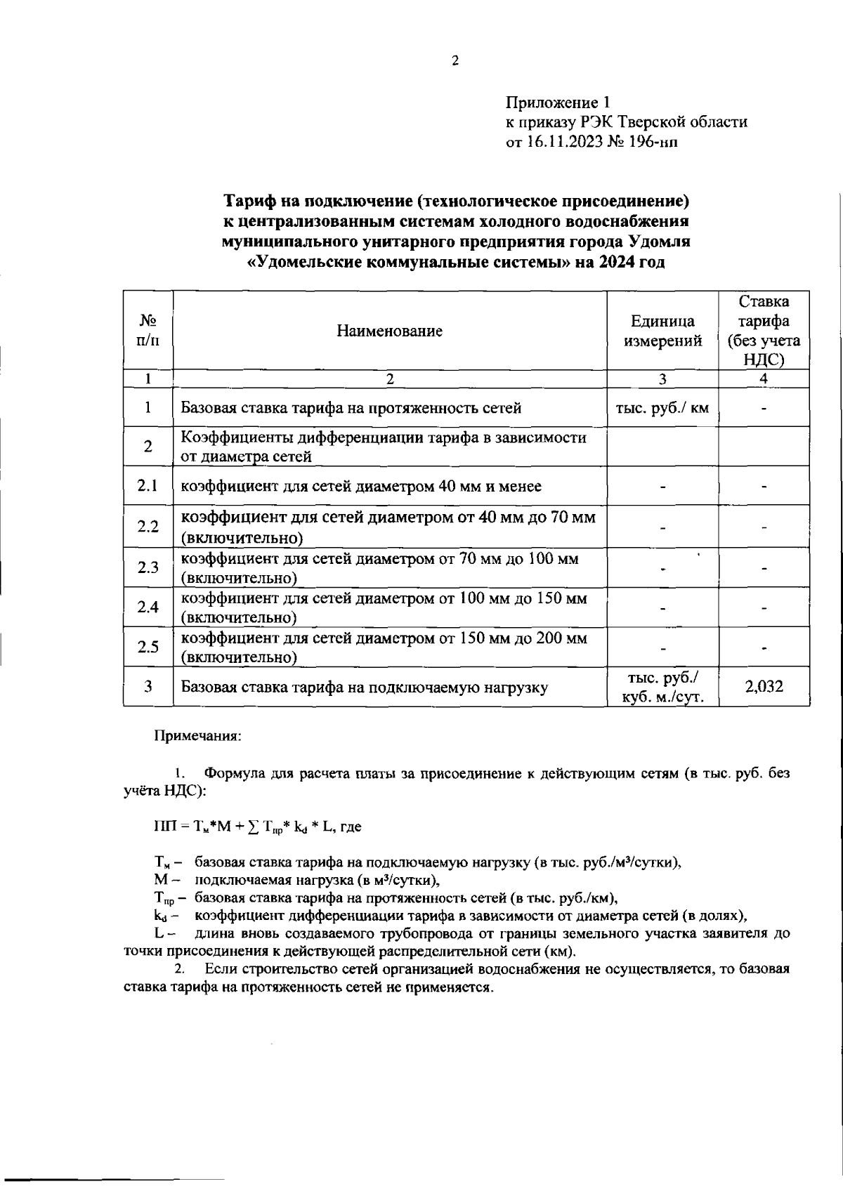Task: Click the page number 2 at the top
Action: pyautogui.click(x=455, y=61)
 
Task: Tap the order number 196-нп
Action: pyautogui.click(x=655, y=143)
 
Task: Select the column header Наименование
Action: pyautogui.click(x=389, y=331)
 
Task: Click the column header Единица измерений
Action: pyautogui.click(x=662, y=331)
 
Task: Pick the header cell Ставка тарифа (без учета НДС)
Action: pyautogui.click(x=764, y=331)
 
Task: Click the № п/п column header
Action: pyautogui.click(x=148, y=331)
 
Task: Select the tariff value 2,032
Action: pyautogui.click(x=764, y=686)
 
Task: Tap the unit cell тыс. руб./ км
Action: pyautogui.click(x=662, y=408)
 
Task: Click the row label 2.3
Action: pyautogui.click(x=148, y=567)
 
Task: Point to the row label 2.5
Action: pyautogui.click(x=148, y=647)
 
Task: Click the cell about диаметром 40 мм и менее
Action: pyautogui.click(x=361, y=486)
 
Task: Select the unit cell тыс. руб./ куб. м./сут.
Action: pyautogui.click(x=662, y=687)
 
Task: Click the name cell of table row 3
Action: pyautogui.click(x=364, y=687)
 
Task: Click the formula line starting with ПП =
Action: pyautogui.click(x=257, y=827)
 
